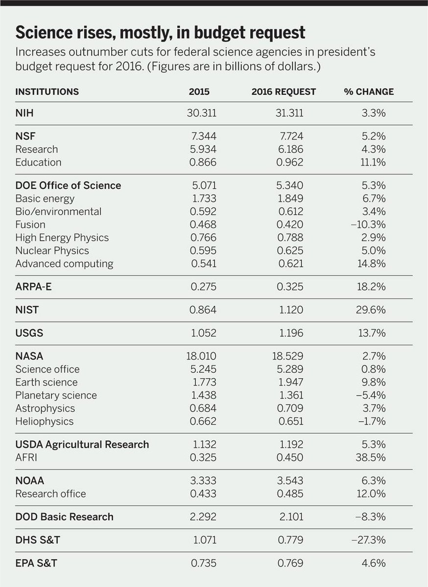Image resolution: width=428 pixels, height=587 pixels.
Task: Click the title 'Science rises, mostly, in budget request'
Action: [160, 33]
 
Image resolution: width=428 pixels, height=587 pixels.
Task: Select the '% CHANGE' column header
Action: [368, 92]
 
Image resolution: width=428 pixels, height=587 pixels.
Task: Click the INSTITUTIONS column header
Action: [47, 92]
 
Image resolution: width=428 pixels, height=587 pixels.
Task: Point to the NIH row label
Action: [24, 113]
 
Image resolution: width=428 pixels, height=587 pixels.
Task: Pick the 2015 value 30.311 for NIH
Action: [201, 113]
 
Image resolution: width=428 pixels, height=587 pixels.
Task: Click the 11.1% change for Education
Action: [373, 162]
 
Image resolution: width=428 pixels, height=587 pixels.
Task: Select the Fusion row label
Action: [30, 225]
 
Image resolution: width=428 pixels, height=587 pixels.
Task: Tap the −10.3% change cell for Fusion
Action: [370, 225]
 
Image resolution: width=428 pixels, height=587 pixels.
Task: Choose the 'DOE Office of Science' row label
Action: [68, 185]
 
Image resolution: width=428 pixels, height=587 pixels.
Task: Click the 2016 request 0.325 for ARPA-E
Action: [290, 287]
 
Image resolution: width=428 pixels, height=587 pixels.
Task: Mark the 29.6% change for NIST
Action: [372, 310]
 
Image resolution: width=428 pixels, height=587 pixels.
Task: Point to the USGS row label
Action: [29, 333]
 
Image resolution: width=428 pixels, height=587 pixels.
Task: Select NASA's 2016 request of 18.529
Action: [287, 356]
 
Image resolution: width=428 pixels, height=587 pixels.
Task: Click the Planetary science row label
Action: [56, 395]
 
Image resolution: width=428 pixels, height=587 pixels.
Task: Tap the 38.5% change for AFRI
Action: [372, 457]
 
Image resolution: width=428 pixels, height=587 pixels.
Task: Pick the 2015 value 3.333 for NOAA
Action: [203, 481]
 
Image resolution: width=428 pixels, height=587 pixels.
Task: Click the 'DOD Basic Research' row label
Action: [64, 517]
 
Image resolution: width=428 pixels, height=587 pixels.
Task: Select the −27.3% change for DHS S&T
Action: [369, 540]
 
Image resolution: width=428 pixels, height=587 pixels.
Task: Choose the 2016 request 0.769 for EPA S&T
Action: [290, 563]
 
